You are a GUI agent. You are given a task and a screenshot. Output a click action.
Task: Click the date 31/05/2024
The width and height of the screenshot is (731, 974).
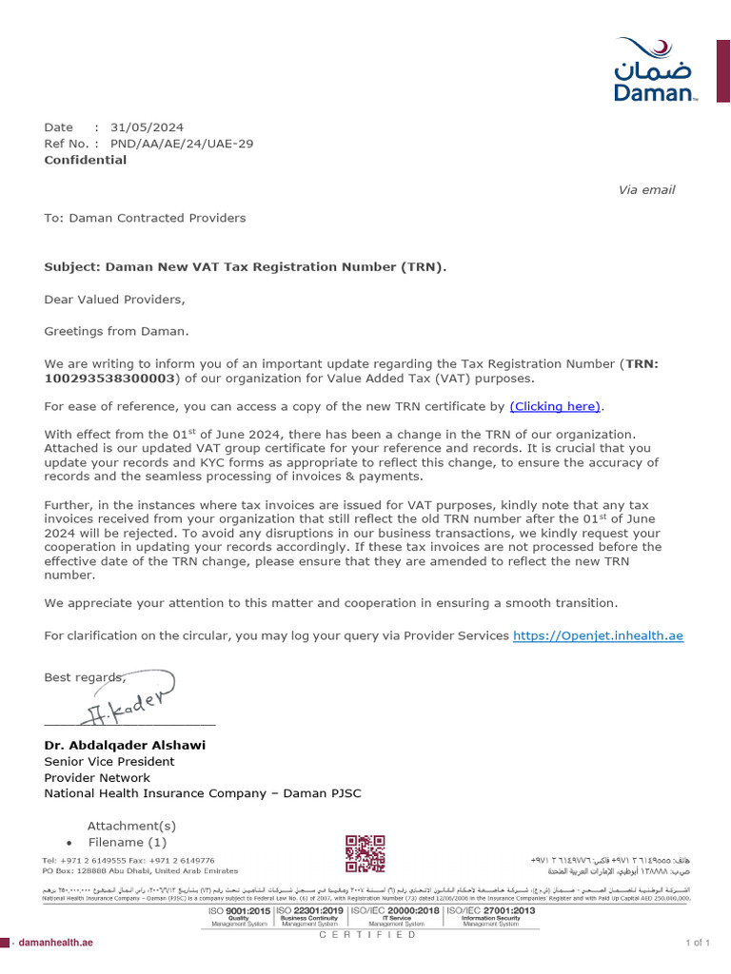pos(147,127)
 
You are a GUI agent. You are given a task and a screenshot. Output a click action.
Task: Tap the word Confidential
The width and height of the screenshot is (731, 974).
pos(85,160)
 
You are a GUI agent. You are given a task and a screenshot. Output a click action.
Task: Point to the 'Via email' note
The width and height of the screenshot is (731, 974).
pos(646,190)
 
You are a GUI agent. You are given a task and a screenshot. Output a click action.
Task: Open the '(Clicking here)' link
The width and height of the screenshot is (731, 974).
pos(556,407)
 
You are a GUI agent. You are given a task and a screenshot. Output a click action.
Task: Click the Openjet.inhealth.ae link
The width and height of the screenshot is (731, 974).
pos(598,635)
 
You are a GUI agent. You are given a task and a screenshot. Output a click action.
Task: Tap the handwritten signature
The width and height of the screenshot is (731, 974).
pos(132,702)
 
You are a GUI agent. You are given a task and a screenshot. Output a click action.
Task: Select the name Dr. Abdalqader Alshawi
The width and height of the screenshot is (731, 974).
pos(125,745)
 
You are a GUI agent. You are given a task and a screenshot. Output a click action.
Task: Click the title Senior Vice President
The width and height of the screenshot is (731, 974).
pos(109,762)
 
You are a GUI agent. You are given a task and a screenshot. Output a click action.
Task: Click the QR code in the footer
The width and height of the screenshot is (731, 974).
pos(365,854)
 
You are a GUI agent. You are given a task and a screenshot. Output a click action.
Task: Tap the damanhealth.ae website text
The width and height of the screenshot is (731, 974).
pos(56,942)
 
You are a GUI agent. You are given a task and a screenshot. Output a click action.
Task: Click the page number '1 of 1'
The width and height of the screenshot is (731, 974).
pos(698,943)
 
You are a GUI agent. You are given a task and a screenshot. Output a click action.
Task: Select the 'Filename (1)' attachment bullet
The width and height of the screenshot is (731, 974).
pos(127,842)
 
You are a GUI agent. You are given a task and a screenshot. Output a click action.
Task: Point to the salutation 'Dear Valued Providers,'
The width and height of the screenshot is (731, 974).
pos(114,300)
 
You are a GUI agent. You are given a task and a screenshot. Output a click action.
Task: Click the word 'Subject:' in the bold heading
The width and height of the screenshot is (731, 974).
pos(72,267)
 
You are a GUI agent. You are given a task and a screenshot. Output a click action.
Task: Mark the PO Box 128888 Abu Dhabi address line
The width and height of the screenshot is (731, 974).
pos(140,870)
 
